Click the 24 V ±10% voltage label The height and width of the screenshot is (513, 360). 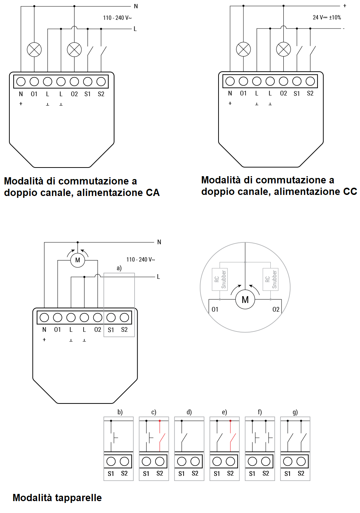pos(327,17)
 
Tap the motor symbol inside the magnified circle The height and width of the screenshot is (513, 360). pos(245,300)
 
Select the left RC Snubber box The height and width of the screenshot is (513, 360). pos(220,279)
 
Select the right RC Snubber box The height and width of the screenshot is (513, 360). pos(270,279)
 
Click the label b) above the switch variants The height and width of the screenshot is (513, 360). pos(120,412)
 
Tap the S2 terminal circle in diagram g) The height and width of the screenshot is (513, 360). pos(301,461)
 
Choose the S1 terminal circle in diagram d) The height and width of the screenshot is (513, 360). pos(182,461)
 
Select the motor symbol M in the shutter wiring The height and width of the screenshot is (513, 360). pos(78,260)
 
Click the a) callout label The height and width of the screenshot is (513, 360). pos(119,268)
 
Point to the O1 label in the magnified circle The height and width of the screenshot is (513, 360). pos(215,309)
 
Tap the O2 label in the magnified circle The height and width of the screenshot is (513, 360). pos(276,309)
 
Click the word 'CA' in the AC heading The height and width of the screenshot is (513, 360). pos(153,192)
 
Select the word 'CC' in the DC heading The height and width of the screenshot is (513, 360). pos(350,191)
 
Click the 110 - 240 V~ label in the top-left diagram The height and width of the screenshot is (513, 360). pos(117,18)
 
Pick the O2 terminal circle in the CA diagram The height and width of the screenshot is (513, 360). pos(75,81)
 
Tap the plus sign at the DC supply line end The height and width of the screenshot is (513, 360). pos(345,6)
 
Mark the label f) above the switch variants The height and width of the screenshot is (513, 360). pos(260,412)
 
